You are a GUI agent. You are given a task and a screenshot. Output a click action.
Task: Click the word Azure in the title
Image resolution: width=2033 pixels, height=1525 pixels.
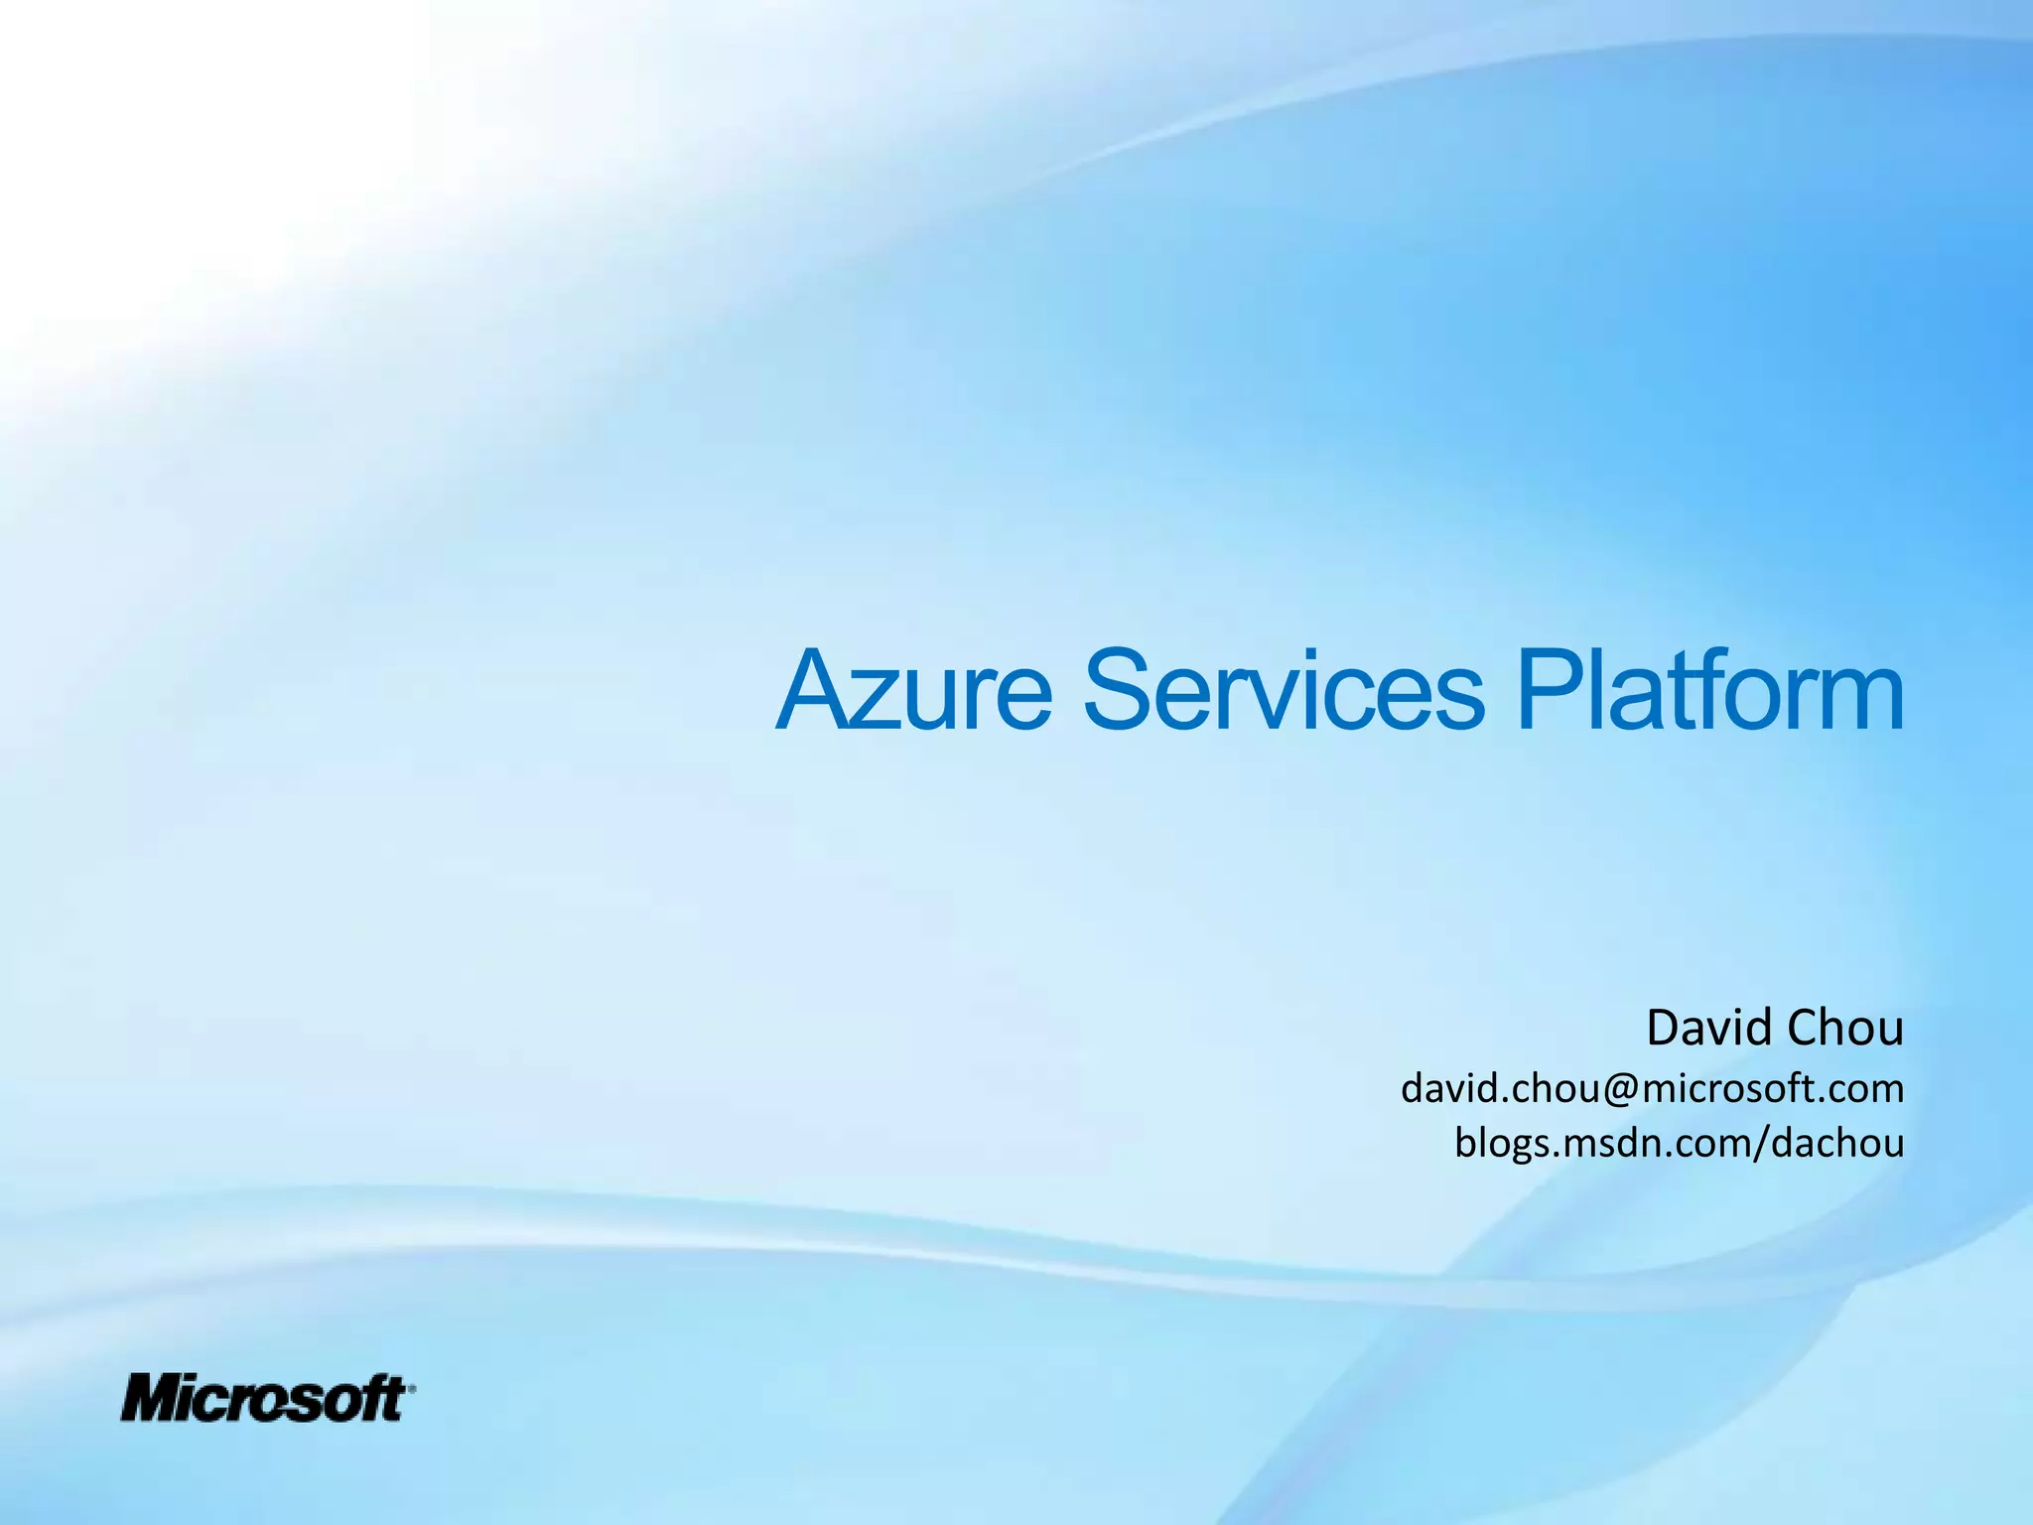[913, 690]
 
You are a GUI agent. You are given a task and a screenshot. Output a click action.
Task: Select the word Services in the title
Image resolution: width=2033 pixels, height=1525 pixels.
[1284, 690]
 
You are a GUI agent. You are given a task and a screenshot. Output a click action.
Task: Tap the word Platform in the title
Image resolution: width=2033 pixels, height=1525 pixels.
[1708, 690]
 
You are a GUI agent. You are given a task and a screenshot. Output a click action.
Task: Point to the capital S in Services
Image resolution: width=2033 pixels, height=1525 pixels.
[1119, 690]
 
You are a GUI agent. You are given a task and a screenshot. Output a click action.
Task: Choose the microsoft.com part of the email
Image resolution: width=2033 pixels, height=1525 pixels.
[1773, 1089]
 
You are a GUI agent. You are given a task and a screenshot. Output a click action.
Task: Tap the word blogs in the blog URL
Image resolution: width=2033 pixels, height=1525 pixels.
[1505, 1144]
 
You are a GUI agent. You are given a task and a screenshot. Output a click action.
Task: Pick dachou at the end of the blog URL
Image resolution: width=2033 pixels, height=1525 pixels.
[1837, 1143]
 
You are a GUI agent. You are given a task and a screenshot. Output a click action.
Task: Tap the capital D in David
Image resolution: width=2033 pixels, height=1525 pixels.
[1664, 1028]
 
